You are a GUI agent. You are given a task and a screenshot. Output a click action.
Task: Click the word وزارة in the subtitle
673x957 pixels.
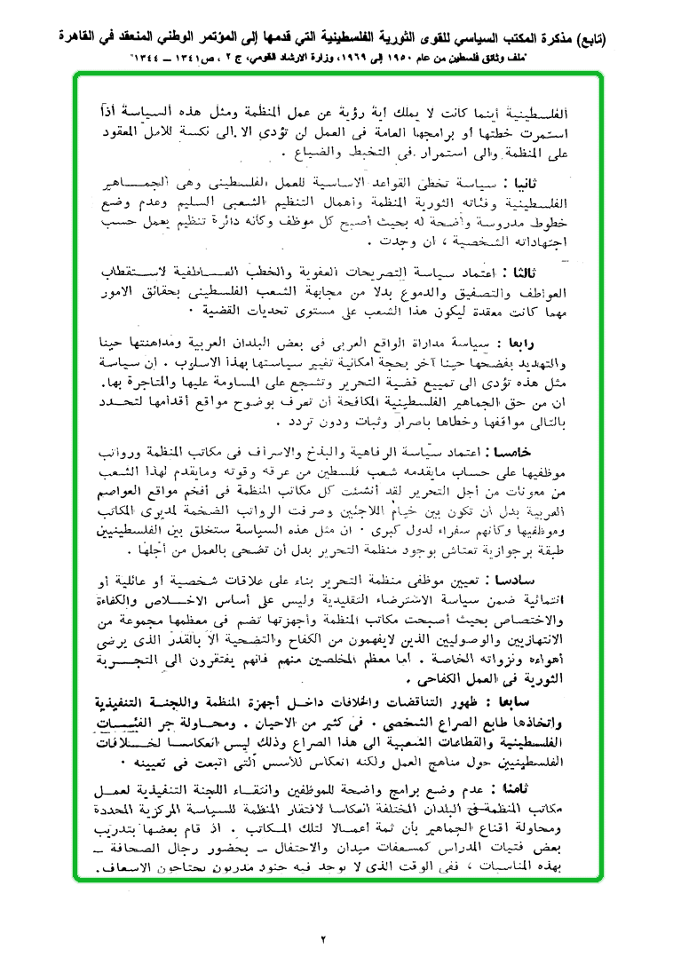coord(352,56)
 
